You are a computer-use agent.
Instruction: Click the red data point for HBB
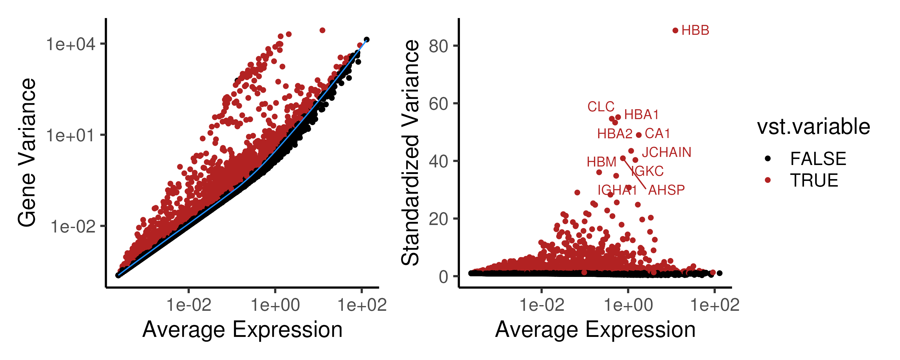pyautogui.click(x=675, y=31)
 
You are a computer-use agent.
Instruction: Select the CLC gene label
pyautogui.click(x=601, y=106)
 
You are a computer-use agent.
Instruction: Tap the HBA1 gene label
pyautogui.click(x=641, y=115)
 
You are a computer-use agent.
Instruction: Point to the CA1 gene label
pyautogui.click(x=657, y=133)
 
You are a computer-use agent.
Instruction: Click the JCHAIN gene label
pyautogui.click(x=666, y=152)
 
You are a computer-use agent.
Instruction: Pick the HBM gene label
pyautogui.click(x=601, y=162)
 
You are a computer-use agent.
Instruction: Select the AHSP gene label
pyautogui.click(x=666, y=190)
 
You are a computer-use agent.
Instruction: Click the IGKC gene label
pyautogui.click(x=647, y=171)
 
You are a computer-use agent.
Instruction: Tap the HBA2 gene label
pyautogui.click(x=615, y=133)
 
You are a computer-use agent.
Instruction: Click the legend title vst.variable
pyautogui.click(x=813, y=127)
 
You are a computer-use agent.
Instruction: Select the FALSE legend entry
pyautogui.click(x=818, y=159)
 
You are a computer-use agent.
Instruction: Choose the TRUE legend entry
pyautogui.click(x=814, y=180)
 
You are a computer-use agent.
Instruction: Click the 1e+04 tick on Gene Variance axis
pyautogui.click(x=70, y=44)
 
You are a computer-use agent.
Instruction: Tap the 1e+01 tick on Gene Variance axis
pyautogui.click(x=70, y=135)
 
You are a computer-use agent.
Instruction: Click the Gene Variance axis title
pyautogui.click(x=27, y=153)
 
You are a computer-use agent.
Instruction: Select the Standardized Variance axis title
pyautogui.click(x=410, y=153)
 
